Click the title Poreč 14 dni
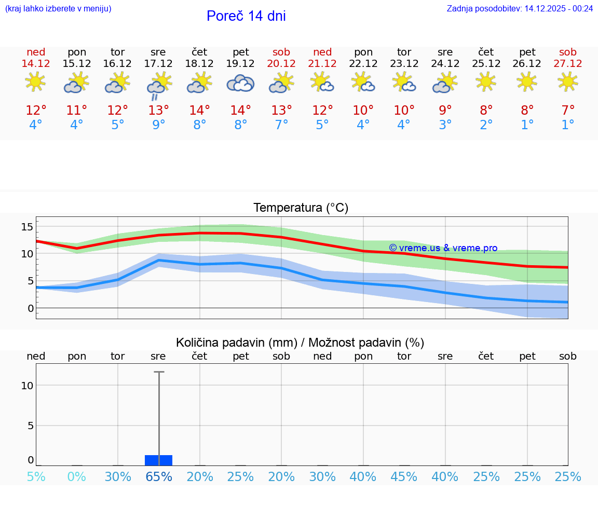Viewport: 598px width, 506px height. pos(246,16)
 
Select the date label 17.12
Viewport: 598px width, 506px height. pos(158,63)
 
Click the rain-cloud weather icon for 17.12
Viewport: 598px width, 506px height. pos(158,85)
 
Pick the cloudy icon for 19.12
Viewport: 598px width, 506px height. pos(240,83)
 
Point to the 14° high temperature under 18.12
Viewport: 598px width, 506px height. pos(199,111)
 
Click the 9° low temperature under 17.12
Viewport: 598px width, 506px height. pos(158,125)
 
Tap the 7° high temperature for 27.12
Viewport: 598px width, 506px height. pos(568,111)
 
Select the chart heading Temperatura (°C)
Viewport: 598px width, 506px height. pos(301,208)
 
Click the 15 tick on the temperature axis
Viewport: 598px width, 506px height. pos(27,227)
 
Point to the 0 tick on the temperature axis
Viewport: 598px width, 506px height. pos(31,308)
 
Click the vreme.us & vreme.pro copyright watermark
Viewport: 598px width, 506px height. pos(443,248)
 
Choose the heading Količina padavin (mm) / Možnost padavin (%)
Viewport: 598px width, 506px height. pos(300,343)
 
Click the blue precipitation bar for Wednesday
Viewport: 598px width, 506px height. pos(158,460)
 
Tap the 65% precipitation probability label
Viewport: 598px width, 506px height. pos(158,477)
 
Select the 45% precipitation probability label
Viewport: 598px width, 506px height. pos(404,477)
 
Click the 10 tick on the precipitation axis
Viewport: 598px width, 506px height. pos(27,385)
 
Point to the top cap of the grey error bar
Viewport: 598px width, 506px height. pos(159,372)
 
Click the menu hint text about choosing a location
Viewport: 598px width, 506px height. pos(58,8)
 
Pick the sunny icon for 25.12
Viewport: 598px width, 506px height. pos(486,81)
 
